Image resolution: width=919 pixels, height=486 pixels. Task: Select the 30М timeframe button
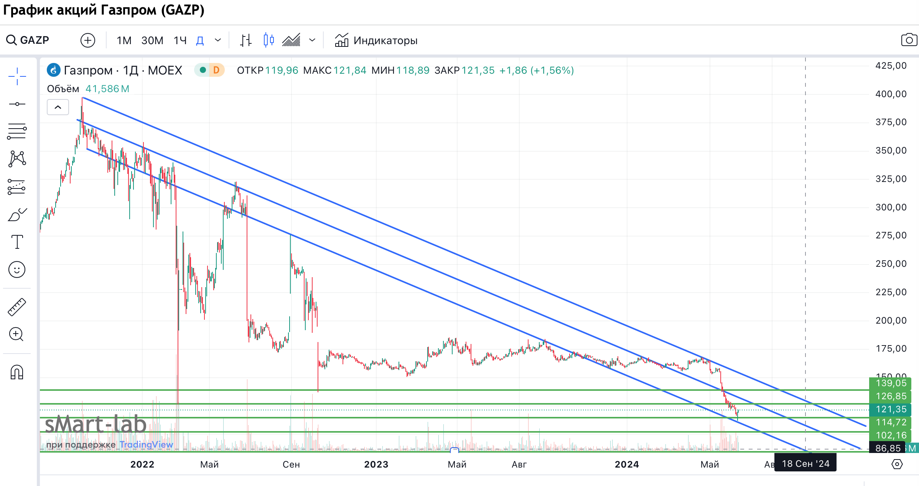(152, 40)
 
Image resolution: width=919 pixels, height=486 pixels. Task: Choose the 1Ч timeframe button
(180, 40)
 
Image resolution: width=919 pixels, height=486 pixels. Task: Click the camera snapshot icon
(909, 40)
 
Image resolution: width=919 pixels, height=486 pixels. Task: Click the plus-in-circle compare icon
(88, 40)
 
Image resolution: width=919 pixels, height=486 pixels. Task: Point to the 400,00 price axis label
(891, 94)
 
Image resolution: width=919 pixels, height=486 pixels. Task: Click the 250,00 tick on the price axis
(891, 264)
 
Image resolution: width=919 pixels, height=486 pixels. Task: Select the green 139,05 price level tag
(891, 383)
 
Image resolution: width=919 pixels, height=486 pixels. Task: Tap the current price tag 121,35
(891, 409)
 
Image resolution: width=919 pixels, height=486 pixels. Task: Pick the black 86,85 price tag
(888, 448)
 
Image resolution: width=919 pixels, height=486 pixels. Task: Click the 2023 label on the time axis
(376, 465)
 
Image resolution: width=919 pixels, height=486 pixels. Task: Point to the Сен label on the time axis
(291, 465)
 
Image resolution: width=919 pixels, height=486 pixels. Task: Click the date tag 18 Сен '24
(805, 464)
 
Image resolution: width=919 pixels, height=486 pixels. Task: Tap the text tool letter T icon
(17, 242)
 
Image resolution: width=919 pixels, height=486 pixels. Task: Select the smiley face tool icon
(17, 269)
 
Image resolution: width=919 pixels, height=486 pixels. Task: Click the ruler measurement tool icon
(17, 307)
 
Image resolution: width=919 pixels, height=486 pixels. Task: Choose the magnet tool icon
(17, 372)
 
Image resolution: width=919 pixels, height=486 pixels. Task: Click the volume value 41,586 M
(107, 89)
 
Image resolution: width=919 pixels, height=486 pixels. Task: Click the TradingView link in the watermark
(146, 445)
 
